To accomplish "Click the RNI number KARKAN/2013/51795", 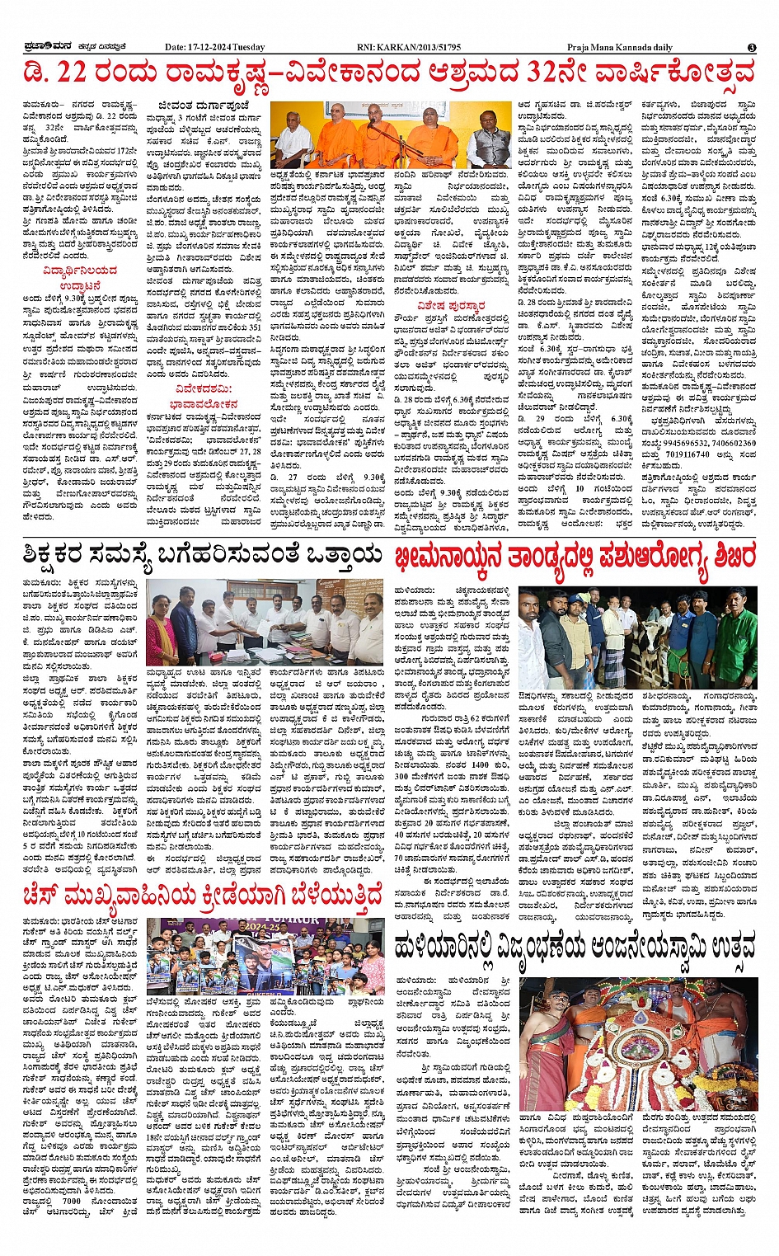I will pos(421,48).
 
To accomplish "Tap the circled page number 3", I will pos(751,48).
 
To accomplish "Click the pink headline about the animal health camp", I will pos(574,557).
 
